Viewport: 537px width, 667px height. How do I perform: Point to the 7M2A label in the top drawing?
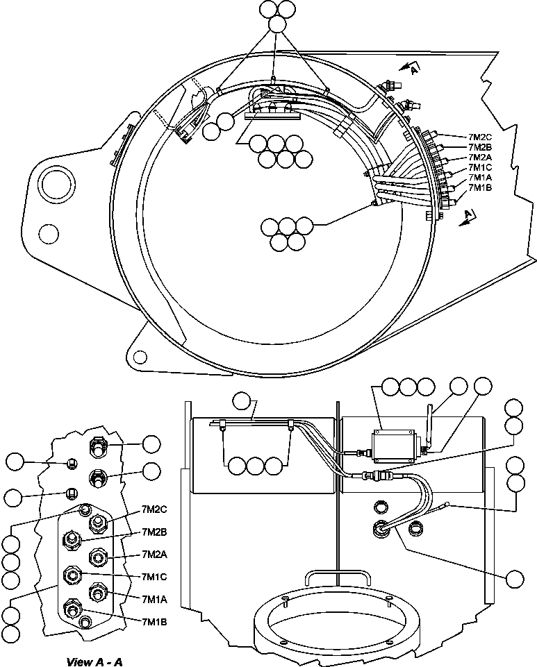(x=480, y=157)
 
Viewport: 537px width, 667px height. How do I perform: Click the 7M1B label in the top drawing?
(x=480, y=187)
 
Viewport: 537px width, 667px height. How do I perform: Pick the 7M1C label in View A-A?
(x=154, y=577)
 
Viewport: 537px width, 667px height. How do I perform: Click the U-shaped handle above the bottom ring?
(x=338, y=576)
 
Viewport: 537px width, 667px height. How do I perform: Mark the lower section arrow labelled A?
(x=468, y=217)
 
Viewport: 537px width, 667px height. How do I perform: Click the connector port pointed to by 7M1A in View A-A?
(x=98, y=591)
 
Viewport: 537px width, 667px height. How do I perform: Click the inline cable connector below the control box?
(x=379, y=478)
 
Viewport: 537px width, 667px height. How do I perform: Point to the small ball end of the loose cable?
(x=448, y=506)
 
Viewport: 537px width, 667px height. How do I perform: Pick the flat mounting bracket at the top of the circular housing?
(x=272, y=114)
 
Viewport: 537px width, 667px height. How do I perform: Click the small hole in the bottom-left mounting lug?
(x=140, y=357)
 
